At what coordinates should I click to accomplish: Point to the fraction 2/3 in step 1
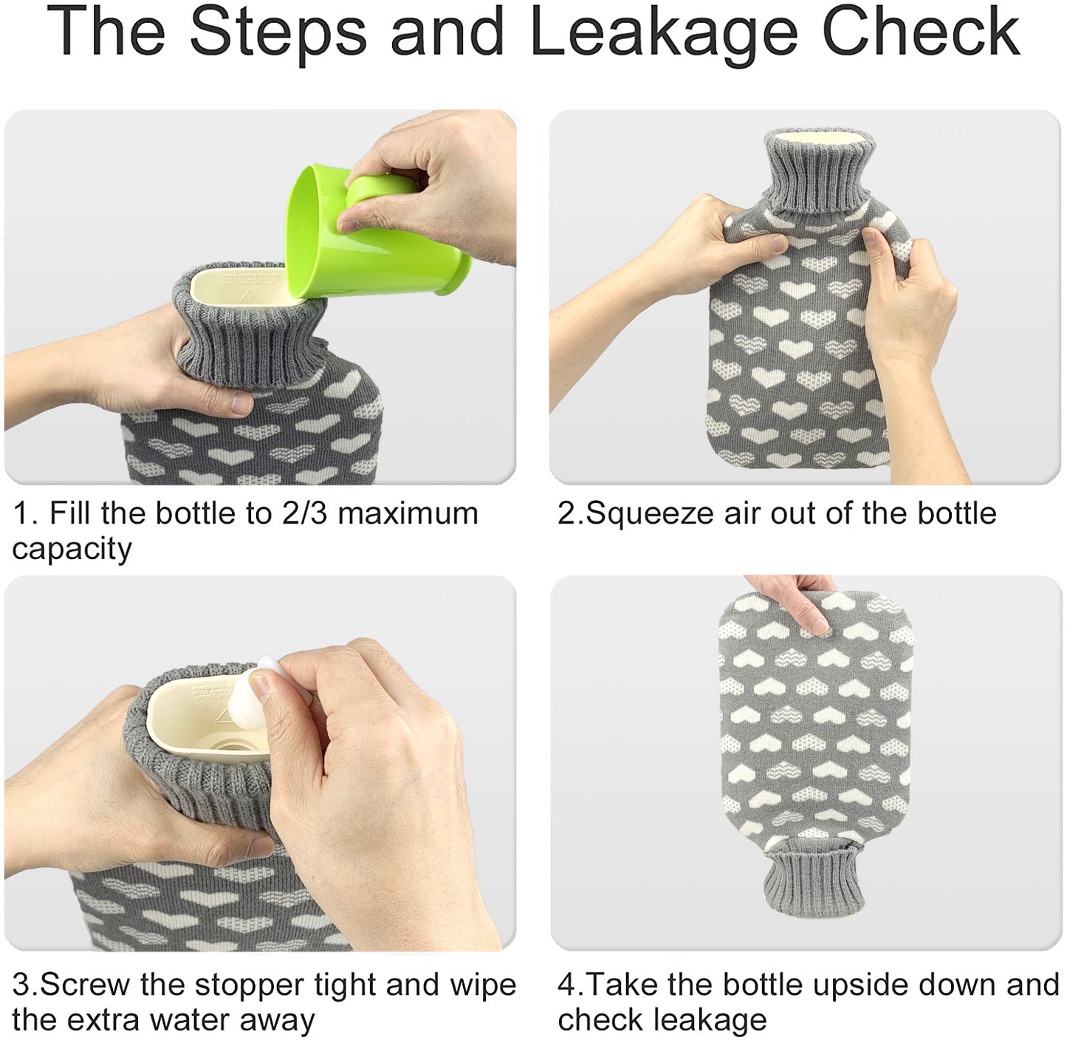click(304, 513)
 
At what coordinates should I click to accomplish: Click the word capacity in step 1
click(72, 550)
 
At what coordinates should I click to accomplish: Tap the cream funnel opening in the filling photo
click(241, 285)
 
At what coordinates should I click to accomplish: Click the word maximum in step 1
click(408, 513)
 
